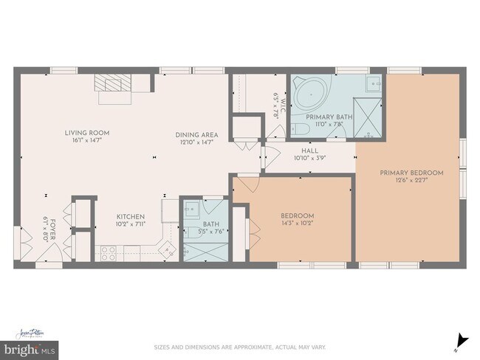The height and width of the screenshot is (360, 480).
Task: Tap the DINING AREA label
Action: point(196,134)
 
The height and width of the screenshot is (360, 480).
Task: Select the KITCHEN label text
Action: point(130,217)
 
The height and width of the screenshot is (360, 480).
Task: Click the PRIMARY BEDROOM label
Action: point(411,173)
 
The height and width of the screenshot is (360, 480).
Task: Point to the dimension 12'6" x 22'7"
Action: point(411,181)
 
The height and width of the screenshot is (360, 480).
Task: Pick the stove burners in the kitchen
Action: point(108,252)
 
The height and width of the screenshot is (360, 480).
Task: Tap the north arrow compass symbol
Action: point(462,340)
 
